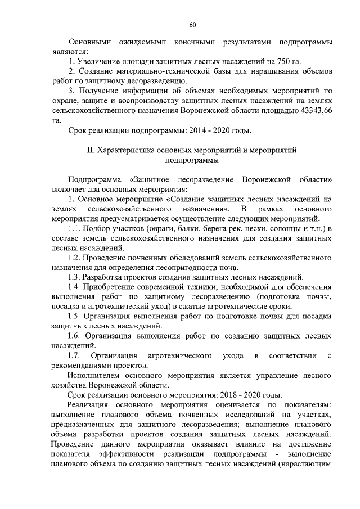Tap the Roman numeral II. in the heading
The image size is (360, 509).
[89, 151]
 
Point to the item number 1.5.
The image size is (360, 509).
[74, 316]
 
